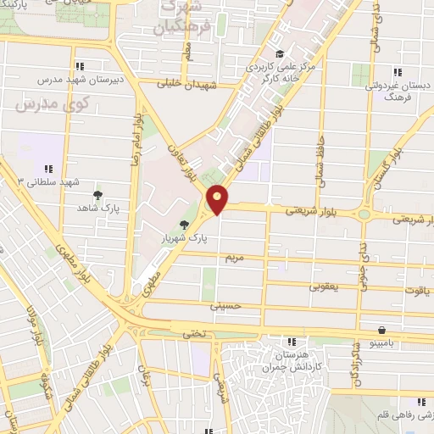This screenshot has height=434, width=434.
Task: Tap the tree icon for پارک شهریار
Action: (184, 224)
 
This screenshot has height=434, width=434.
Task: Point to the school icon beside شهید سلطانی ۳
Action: (48, 169)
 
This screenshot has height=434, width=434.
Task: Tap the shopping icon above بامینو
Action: (382, 330)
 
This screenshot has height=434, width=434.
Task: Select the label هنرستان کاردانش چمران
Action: (292, 356)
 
